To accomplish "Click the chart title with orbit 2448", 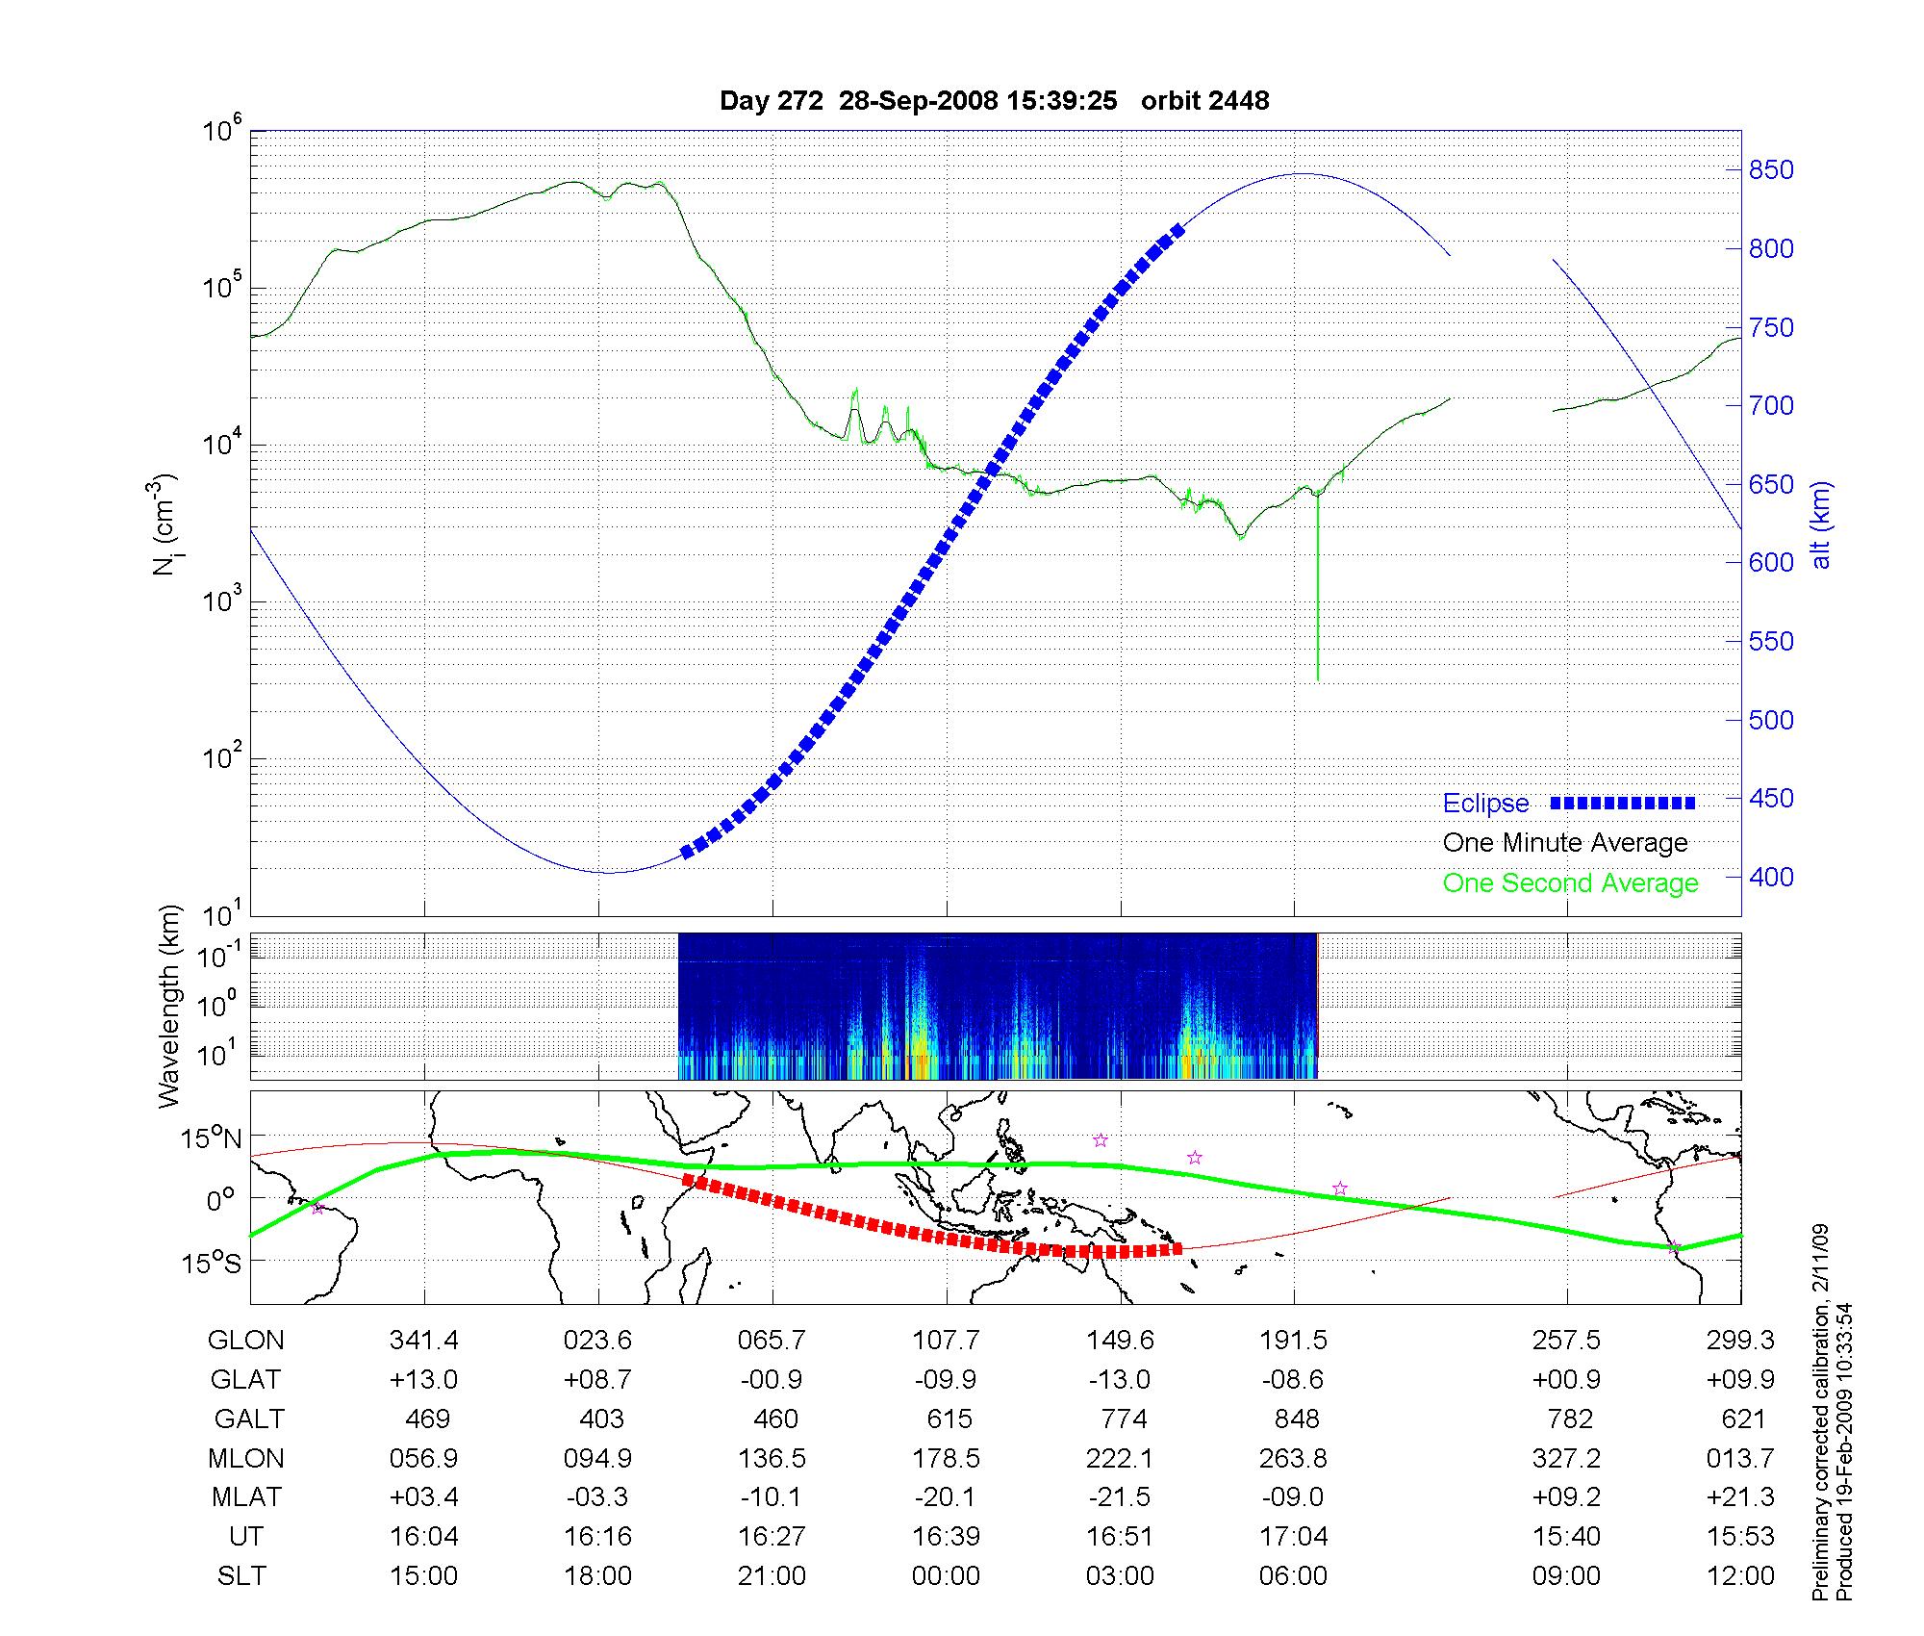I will tap(994, 101).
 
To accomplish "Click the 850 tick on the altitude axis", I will tap(1771, 170).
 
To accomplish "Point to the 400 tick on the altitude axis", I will tap(1771, 877).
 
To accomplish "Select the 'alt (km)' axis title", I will tap(1821, 524).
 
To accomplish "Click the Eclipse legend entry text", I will tap(1485, 804).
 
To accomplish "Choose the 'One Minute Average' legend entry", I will tap(1565, 843).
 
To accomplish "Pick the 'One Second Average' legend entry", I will tap(1570, 883).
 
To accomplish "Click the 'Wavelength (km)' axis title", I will tap(169, 1006).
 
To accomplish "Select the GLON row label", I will tap(246, 1341).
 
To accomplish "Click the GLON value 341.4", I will tap(424, 1341).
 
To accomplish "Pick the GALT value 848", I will tap(1294, 1419).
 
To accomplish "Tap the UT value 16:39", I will tap(946, 1537).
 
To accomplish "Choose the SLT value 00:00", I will tap(946, 1576).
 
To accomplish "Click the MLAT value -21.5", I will tap(1120, 1497).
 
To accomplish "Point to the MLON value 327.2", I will tap(1566, 1459).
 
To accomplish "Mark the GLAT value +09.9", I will tap(1740, 1380).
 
